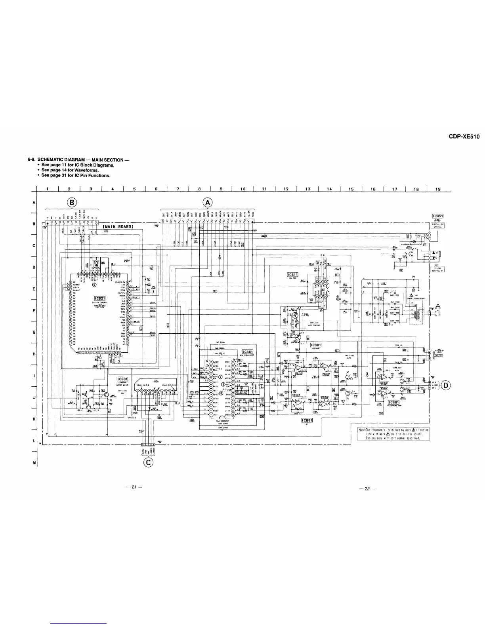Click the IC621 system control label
coord(99,298)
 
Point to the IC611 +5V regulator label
coord(292,275)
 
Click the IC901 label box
coord(315,345)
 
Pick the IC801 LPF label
coord(307,420)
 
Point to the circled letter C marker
coord(149,462)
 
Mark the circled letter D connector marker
coord(446,384)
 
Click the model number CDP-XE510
coord(464,137)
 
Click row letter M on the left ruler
coord(34,462)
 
